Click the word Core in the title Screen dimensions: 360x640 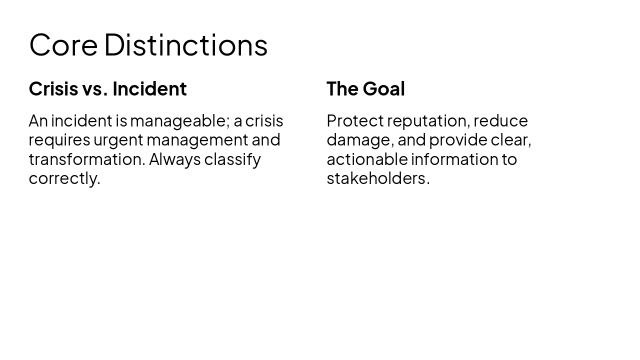click(x=63, y=45)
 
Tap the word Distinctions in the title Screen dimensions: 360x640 click(x=185, y=45)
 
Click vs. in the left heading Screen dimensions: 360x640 click(x=95, y=89)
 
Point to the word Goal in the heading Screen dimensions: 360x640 click(x=383, y=89)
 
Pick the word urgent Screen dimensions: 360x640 click(x=118, y=140)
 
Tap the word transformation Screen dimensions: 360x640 click(x=86, y=159)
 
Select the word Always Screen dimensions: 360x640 click(x=174, y=159)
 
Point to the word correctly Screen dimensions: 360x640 click(x=64, y=178)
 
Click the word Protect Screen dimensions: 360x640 click(x=355, y=121)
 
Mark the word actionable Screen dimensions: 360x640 click(x=367, y=159)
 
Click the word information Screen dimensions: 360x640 click(x=453, y=159)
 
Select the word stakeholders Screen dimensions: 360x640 click(x=377, y=178)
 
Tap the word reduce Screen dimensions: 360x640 click(x=500, y=121)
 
